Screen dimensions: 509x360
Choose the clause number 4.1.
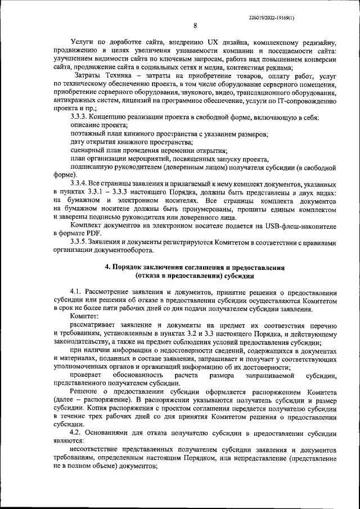pos(77,292)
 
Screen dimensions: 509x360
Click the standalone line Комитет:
pos(83,317)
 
